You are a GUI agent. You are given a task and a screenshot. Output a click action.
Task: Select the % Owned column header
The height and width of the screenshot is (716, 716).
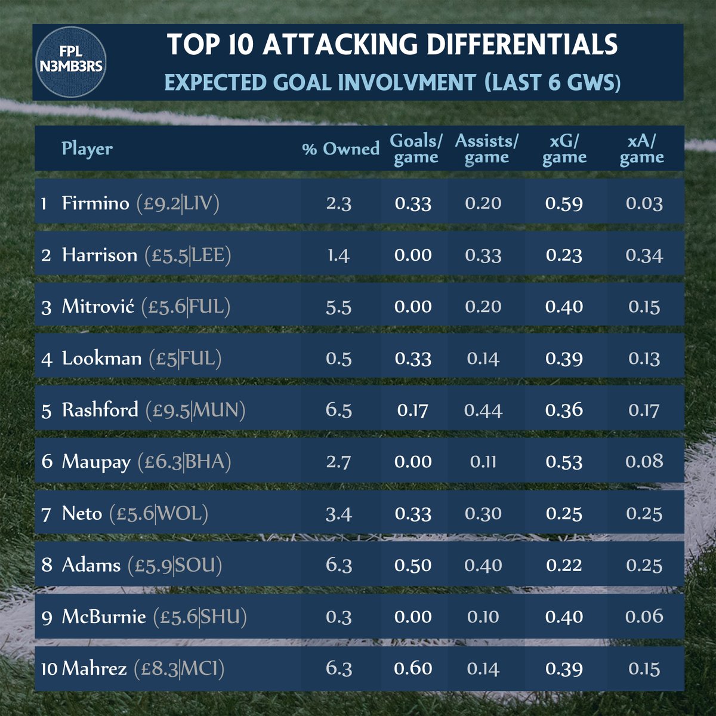(341, 149)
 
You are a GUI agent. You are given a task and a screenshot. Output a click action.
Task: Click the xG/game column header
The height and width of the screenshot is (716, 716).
(564, 149)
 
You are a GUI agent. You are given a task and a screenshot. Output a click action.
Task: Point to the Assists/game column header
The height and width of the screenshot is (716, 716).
(486, 149)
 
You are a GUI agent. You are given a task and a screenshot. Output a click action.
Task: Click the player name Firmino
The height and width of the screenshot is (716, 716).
(95, 203)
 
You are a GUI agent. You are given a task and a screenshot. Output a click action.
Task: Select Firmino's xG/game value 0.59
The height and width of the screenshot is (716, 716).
(564, 203)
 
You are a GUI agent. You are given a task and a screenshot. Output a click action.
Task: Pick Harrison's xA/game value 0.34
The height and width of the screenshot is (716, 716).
(644, 255)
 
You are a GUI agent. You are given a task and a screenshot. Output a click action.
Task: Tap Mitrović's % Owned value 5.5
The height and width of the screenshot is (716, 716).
(338, 307)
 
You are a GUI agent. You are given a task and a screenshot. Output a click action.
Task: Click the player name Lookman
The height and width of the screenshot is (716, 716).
(102, 359)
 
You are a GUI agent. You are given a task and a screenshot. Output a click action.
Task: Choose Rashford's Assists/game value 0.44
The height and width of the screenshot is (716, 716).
(483, 411)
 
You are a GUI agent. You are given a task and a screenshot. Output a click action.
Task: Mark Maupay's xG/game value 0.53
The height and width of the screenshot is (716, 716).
(564, 462)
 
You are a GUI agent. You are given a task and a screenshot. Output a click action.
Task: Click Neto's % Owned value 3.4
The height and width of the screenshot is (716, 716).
(338, 514)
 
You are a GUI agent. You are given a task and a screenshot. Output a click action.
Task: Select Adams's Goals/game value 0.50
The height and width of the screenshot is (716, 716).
(413, 565)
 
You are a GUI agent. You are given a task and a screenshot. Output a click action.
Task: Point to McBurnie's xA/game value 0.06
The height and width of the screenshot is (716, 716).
(644, 617)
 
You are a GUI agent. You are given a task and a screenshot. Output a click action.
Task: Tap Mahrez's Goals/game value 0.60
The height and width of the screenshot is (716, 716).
(413, 668)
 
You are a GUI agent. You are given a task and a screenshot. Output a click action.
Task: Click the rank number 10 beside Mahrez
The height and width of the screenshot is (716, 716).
(49, 669)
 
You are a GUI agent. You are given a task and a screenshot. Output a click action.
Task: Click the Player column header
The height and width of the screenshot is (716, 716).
(87, 149)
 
